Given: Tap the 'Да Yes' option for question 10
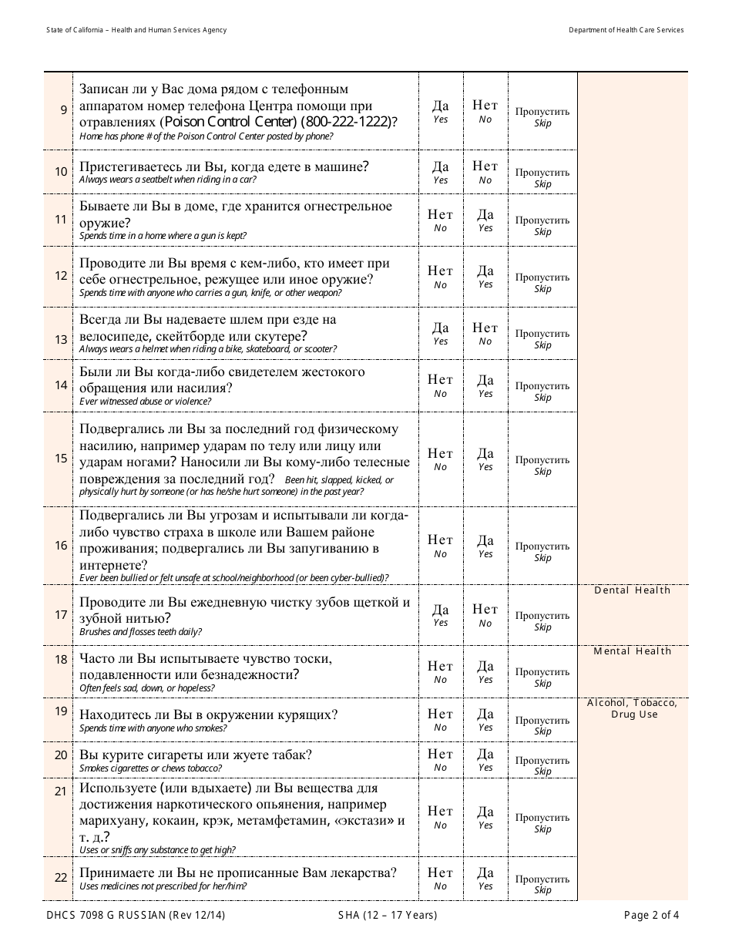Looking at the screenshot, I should pos(440,172).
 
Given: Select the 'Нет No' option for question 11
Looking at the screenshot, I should pos(440,220).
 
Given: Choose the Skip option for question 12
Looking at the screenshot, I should pos(542,282).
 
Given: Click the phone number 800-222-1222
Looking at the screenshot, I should pos(346,122).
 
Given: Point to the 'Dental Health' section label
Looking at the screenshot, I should pos(633,590).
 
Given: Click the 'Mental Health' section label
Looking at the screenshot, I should pos(633,651).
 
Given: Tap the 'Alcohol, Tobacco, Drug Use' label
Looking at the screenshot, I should pos(633,708).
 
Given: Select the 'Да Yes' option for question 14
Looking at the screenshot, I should pos(485,385).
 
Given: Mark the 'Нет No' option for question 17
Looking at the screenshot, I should pos(485,615).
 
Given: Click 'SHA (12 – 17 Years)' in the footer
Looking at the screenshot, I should pos(388,916).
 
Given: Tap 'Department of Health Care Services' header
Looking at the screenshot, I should pos(626,30).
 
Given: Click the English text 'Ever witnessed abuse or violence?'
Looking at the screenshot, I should pos(145,402).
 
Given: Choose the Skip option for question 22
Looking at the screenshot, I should pos(542,884).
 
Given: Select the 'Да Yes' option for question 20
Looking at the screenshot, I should pos(485,759).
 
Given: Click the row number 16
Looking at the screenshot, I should pos(61,546).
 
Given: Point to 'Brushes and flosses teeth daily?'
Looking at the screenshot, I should pos(141,632).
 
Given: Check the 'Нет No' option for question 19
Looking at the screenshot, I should pos(440,719).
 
